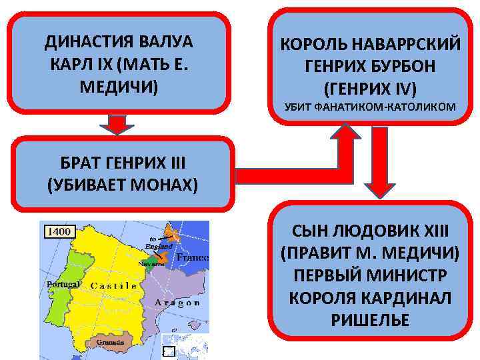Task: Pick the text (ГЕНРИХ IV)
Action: pos(370,87)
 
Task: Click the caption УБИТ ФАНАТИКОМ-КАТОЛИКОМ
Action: pos(370,107)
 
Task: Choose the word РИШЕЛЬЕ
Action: pos(370,319)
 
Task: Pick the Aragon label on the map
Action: pos(177,303)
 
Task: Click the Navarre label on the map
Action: pos(151,263)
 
